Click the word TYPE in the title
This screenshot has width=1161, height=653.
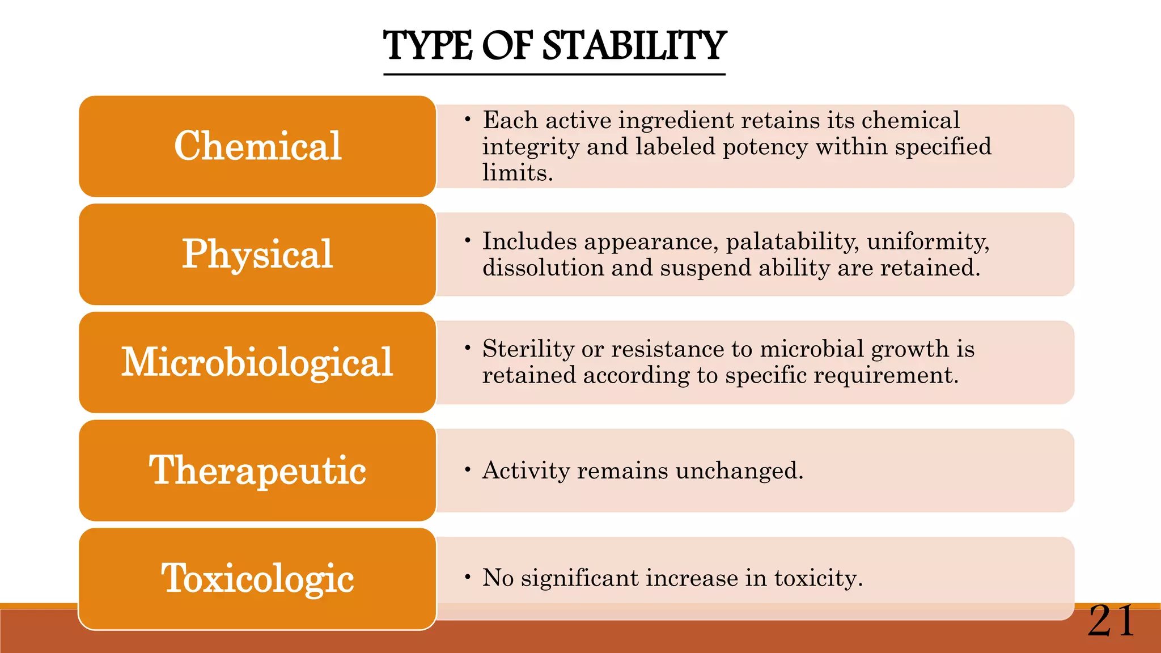pyautogui.click(x=428, y=46)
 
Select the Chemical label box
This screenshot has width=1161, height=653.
pyautogui.click(x=257, y=146)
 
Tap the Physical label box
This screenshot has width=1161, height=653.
pyautogui.click(x=257, y=255)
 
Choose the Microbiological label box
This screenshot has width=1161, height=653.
pyautogui.click(x=257, y=363)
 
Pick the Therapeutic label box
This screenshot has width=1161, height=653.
pyautogui.click(x=257, y=470)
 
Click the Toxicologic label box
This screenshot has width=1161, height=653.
pyautogui.click(x=257, y=579)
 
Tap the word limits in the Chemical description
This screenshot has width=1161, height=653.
pyautogui.click(x=517, y=173)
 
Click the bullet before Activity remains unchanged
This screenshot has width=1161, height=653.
pyautogui.click(x=467, y=470)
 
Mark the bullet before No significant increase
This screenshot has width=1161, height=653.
pyautogui.click(x=467, y=578)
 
